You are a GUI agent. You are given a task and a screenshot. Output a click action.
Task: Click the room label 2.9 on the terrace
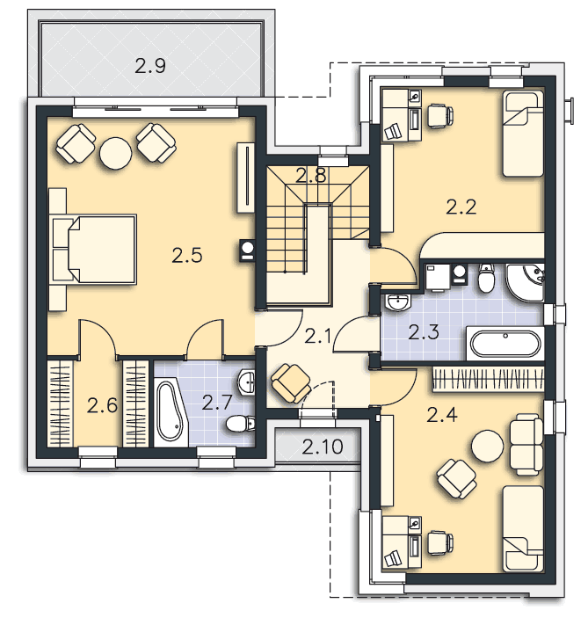point(150,66)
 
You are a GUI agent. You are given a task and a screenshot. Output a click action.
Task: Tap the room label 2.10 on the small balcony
point(323,447)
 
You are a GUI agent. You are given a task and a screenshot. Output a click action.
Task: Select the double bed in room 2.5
point(95,250)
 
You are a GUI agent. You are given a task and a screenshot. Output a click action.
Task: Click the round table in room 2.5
point(116,154)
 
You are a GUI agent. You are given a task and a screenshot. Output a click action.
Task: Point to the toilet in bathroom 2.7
point(241,424)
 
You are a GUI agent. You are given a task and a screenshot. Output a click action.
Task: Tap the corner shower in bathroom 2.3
point(526,282)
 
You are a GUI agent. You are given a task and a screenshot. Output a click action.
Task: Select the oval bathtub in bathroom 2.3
point(506,343)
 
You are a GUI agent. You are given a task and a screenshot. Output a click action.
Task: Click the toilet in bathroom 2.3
point(486,277)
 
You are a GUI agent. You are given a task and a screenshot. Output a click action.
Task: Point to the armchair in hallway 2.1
point(291,382)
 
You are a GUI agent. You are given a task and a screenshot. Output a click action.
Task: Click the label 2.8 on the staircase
point(311,176)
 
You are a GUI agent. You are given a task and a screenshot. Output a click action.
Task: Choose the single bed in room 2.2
point(523,134)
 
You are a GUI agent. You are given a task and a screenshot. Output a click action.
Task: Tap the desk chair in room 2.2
point(440,115)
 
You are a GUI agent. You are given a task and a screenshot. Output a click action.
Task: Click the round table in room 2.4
point(487,446)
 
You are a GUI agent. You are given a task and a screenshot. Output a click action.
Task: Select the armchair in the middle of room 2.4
point(457,479)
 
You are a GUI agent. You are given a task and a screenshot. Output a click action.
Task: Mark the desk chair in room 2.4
point(440,542)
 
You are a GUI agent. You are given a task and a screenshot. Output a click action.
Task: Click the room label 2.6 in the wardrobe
point(103,406)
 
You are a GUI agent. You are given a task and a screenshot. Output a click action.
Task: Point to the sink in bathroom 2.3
point(398,302)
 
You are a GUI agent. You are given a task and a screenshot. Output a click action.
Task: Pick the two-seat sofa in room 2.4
point(526,445)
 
